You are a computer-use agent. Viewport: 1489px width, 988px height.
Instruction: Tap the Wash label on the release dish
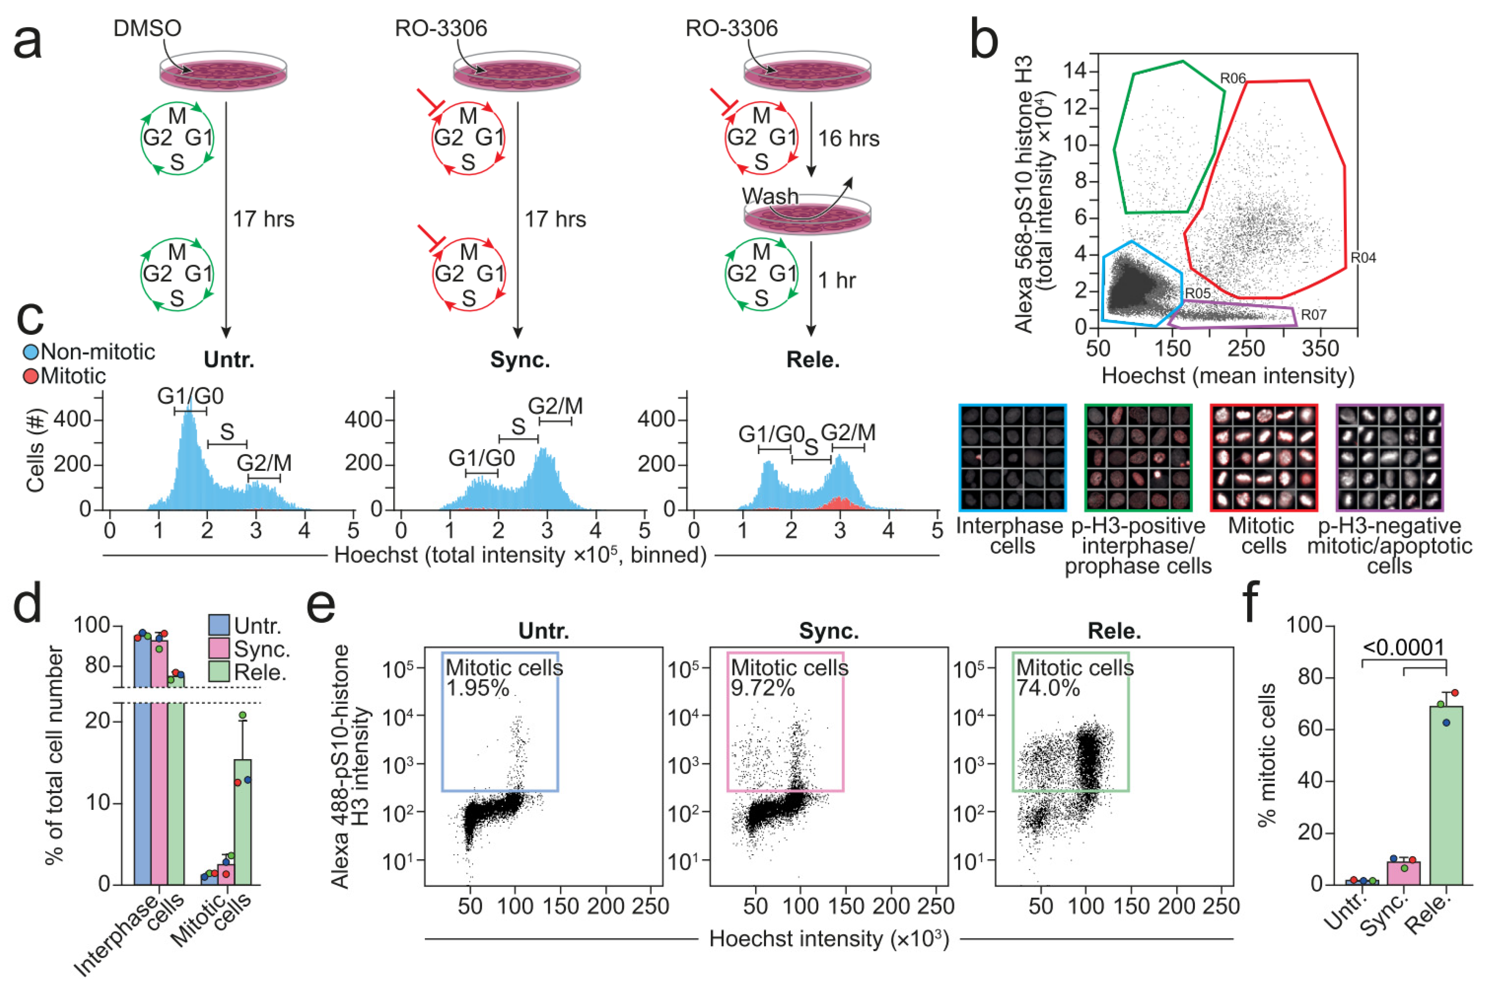(770, 196)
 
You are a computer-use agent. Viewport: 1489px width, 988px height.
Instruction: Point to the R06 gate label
(1233, 78)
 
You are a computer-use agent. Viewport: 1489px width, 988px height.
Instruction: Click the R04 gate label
(1363, 258)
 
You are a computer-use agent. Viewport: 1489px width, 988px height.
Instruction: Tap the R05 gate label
(1197, 293)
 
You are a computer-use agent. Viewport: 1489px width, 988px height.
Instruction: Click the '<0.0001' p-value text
(1404, 647)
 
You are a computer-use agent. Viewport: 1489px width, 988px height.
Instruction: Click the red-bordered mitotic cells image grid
(1264, 457)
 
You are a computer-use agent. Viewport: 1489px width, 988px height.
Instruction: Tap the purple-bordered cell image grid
(1389, 457)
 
